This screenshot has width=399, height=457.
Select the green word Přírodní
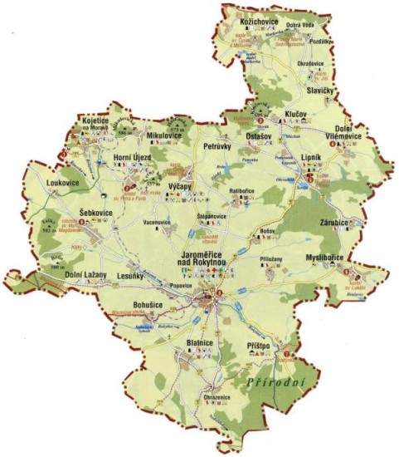coord(277,380)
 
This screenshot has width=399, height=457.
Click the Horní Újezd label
coord(131,156)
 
